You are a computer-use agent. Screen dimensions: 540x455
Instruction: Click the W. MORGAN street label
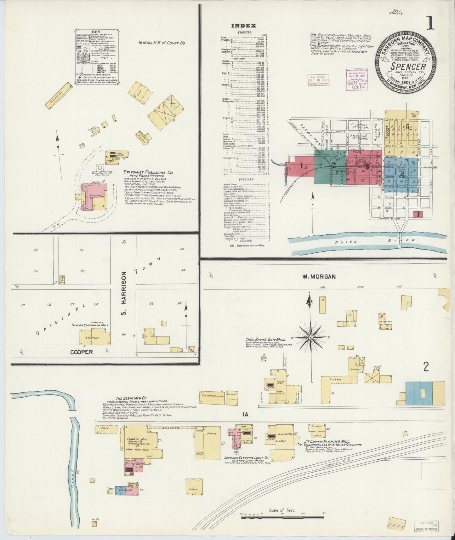pos(319,276)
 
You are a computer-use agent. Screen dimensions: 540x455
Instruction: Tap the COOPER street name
pos(81,352)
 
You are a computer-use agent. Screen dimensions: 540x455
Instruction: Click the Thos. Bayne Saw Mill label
pos(266,340)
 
